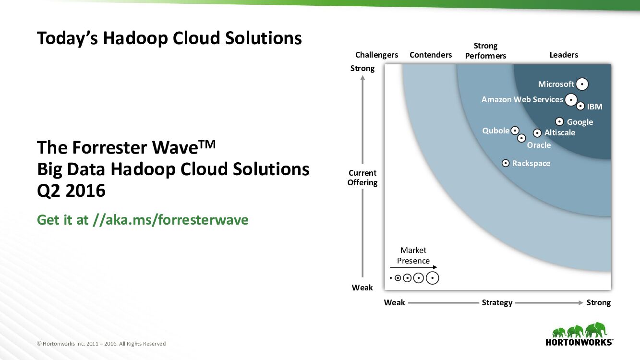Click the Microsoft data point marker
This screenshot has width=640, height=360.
point(582,84)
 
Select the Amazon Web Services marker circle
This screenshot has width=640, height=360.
point(571,99)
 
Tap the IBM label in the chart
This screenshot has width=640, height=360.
point(594,107)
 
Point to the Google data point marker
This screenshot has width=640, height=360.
point(559,121)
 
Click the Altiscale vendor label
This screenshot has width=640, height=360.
point(560,132)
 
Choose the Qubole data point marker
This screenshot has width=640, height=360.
point(515,130)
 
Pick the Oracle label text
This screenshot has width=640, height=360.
point(539,145)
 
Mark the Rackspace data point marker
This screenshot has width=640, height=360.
point(506,163)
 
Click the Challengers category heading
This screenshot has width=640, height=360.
point(376,55)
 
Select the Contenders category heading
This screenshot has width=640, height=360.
point(431,55)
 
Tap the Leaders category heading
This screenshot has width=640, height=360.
point(564,55)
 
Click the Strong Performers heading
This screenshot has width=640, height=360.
point(485,50)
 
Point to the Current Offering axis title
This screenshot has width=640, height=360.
point(362,178)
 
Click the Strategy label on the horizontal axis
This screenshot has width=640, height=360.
point(497,302)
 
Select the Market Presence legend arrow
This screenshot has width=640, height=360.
point(413,267)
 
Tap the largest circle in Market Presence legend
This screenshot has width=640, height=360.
point(433,278)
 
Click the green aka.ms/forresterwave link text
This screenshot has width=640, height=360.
point(143,220)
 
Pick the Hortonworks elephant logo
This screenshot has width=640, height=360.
point(579,330)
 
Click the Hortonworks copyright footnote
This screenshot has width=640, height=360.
point(101,344)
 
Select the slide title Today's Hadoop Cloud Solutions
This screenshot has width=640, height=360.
point(169,38)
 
